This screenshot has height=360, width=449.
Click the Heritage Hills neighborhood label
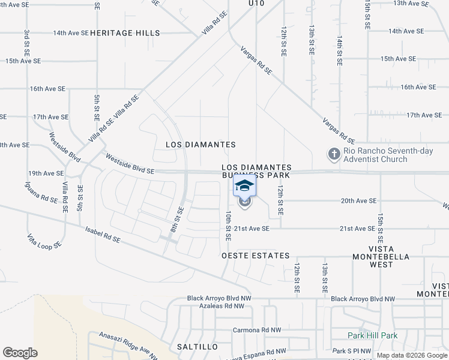tap(125, 33)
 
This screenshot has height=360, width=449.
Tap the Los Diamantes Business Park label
tap(256, 171)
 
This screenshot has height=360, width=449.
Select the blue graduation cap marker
tap(244, 185)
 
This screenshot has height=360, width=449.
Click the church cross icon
tap(334, 154)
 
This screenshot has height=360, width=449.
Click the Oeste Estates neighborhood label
tap(256, 256)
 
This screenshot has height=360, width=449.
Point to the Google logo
tap(20, 353)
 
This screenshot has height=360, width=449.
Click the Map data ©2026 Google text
tap(412, 355)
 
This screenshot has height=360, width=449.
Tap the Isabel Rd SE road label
tap(103, 235)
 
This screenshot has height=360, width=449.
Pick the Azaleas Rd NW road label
tap(223, 305)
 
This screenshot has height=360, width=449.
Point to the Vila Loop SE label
tap(44, 241)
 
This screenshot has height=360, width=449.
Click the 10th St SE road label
tap(228, 226)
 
